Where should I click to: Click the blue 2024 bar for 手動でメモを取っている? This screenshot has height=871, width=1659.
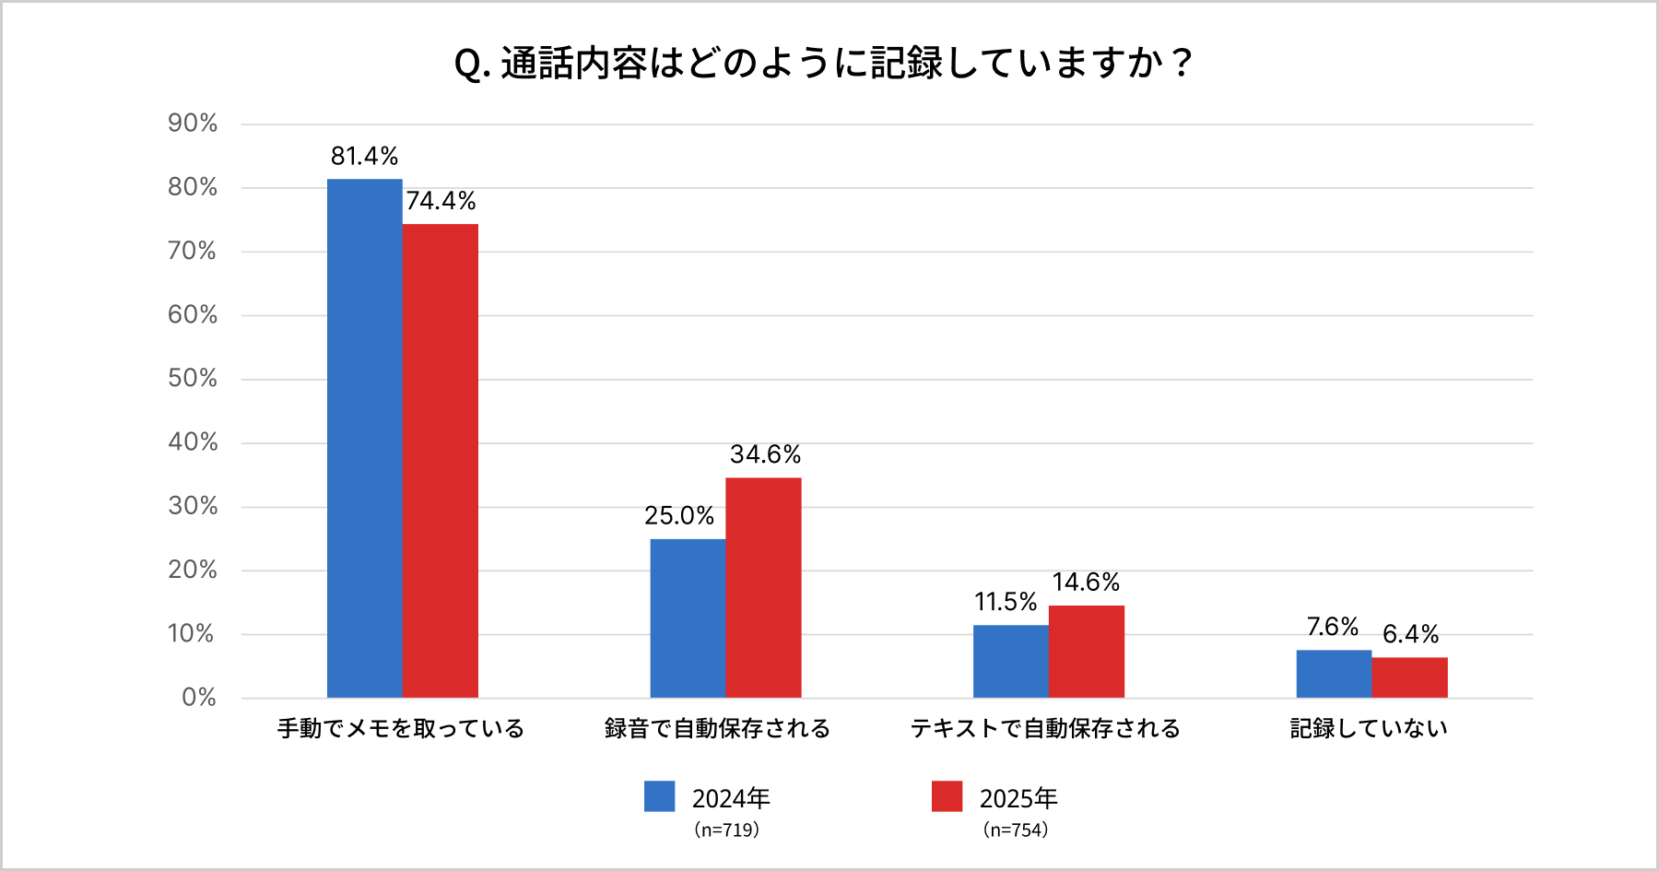tap(364, 438)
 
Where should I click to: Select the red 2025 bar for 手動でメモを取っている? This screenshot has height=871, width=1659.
tap(441, 461)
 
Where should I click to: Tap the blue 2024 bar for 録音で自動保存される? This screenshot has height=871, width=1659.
tap(688, 618)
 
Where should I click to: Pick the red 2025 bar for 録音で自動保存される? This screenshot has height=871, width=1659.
tap(763, 587)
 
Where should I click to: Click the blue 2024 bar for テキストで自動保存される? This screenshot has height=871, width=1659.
tap(1011, 661)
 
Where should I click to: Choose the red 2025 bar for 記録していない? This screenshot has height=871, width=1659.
tap(1409, 677)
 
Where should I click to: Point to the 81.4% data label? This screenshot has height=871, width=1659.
tap(364, 156)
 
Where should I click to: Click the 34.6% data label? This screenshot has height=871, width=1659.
tap(765, 454)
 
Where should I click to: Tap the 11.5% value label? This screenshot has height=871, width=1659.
tap(1005, 602)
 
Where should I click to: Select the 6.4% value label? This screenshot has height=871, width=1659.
tap(1410, 634)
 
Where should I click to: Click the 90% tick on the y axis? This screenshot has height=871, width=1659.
tap(193, 124)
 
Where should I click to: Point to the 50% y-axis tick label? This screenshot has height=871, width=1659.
tap(193, 378)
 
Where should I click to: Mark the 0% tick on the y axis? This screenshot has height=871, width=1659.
tap(199, 697)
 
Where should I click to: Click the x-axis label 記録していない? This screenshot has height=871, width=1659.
tap(1369, 728)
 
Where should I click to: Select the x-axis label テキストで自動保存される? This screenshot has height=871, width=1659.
tap(1045, 728)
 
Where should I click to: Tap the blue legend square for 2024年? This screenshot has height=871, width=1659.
tap(659, 796)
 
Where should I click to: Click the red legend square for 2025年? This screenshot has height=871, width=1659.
tap(947, 796)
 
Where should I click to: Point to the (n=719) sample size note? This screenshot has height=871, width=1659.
tap(726, 830)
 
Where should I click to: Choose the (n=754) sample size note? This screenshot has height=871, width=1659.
tap(1016, 830)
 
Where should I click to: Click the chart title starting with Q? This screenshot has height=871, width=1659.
tap(823, 64)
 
